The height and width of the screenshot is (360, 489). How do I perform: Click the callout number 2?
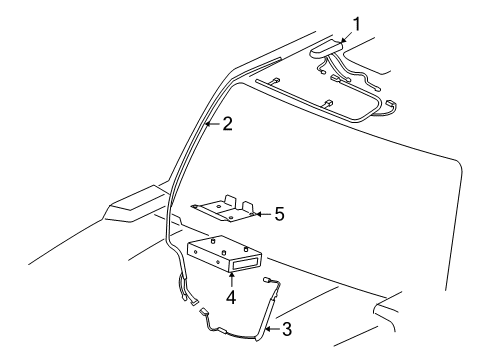[x=228, y=126]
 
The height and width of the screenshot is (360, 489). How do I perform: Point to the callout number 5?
[x=280, y=214]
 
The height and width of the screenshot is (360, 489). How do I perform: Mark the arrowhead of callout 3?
[x=268, y=326]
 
